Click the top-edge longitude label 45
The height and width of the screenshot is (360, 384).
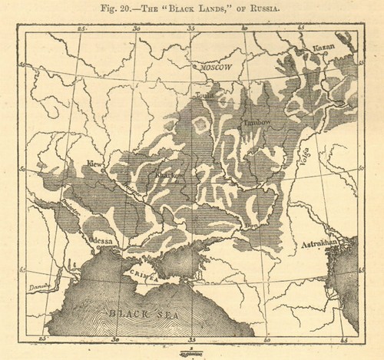pos(300,28)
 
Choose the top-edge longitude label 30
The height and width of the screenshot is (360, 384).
pos(137,28)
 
